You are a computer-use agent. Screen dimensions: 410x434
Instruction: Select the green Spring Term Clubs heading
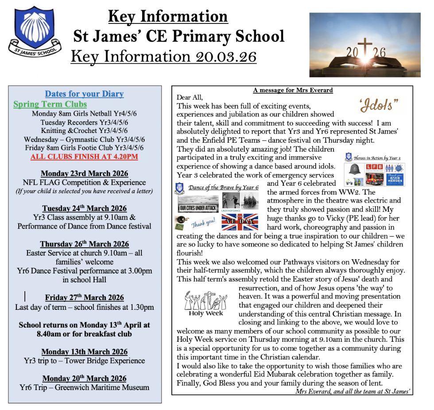50,105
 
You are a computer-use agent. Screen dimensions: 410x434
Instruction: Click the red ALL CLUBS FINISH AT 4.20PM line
84,156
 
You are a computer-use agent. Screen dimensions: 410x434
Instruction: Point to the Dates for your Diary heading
84,94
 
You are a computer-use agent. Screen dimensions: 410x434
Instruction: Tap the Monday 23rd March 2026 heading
84,173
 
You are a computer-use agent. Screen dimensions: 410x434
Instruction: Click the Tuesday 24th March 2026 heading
84,208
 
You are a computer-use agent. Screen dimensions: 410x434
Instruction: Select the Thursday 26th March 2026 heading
84,244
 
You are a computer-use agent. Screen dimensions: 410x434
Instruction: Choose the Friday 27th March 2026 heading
84,297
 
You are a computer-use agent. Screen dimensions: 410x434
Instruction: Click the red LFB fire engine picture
371,174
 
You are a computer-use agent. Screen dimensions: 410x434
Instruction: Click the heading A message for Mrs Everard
293,90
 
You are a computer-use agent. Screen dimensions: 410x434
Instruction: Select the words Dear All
190,98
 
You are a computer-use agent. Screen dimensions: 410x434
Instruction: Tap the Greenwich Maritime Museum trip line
84,387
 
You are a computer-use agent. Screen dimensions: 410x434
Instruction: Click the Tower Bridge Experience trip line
84,361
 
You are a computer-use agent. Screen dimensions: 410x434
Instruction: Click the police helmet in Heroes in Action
355,169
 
